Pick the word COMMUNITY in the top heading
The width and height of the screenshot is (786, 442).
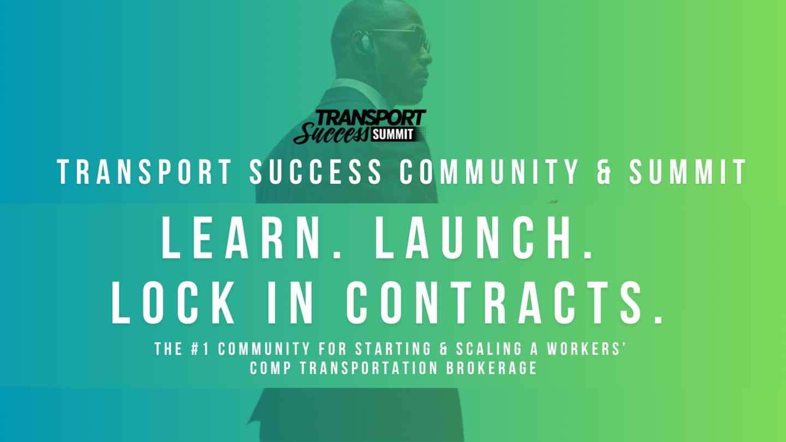coord(489,171)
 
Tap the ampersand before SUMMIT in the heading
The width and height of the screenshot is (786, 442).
coord(604,171)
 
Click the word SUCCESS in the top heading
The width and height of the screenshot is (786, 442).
coord(315,171)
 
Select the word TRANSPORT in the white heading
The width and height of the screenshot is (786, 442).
coord(144,171)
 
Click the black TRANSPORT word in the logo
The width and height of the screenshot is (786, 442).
coord(371,117)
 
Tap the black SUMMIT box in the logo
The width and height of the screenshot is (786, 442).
coord(393,134)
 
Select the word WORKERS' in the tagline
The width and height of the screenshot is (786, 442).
coord(587,349)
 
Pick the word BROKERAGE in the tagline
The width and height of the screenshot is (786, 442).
coord(492,368)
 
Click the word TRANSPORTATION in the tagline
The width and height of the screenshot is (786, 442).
coord(368,368)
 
